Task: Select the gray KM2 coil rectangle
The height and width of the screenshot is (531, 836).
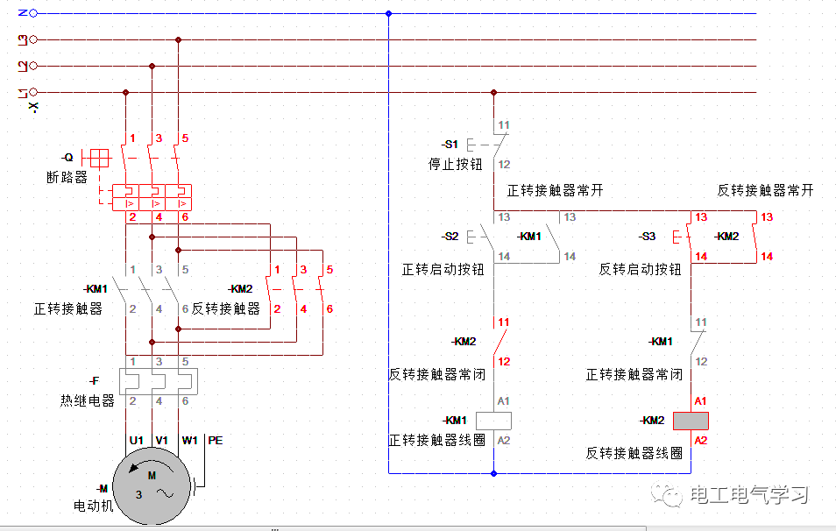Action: pos(691,421)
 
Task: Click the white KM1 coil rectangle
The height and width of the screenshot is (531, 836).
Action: pos(493,420)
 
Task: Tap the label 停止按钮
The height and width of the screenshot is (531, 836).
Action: pos(455,164)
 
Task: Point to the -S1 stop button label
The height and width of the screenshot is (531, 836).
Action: pos(450,144)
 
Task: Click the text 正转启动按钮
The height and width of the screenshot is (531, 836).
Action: pos(443,269)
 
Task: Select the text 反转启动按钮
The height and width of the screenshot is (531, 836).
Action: pos(640,269)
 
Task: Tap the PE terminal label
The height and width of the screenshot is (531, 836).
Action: pos(215,440)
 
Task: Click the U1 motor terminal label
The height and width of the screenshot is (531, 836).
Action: pos(136,440)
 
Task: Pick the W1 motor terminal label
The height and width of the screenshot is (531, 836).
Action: pos(189,440)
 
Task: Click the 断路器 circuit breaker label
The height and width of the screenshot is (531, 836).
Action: pos(67,177)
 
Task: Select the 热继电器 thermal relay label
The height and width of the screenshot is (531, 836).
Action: pos(88,400)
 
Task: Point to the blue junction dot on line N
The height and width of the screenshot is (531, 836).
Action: pos(388,13)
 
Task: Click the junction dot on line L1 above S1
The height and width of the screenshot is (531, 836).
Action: pos(494,92)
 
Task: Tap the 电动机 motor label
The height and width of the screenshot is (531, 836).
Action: pos(94,506)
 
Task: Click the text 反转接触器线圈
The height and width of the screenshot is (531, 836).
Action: pos(634,453)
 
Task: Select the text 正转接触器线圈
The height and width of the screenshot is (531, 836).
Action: pos(437,440)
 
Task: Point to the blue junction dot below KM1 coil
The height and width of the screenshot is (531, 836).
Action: pos(494,473)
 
